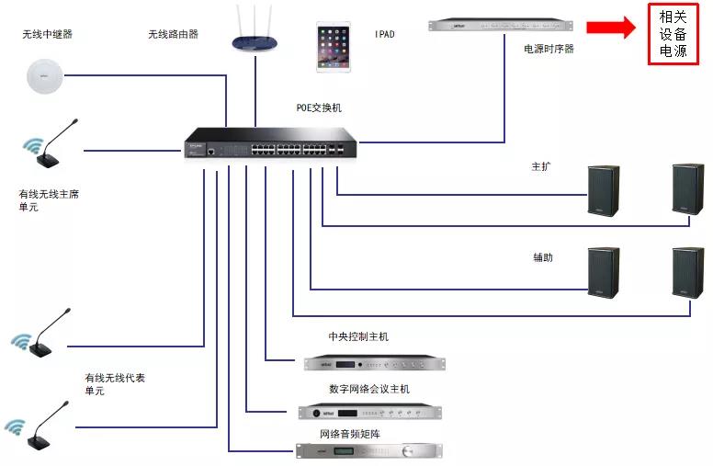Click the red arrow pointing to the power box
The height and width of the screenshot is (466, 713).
tap(610, 28)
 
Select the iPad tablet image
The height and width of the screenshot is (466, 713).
tap(334, 47)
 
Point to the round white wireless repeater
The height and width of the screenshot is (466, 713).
tap(44, 75)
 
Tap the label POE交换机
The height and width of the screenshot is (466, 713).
tap(318, 108)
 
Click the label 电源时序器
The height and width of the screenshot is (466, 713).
tap(549, 50)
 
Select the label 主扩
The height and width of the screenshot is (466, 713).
tap(541, 167)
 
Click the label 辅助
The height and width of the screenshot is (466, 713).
tap(543, 257)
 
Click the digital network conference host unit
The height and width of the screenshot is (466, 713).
tap(371, 412)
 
